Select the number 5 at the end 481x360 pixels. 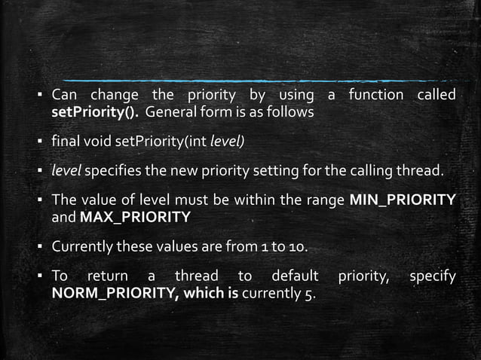310,293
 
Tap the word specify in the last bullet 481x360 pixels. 432,276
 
